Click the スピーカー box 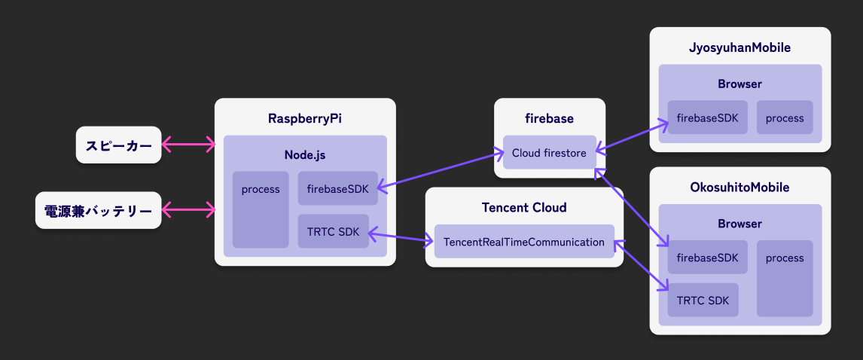119,145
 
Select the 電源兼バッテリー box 98,210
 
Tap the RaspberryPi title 305,118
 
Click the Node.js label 305,155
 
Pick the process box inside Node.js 261,209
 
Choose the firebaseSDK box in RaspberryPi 337,189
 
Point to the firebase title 549,118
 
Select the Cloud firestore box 549,153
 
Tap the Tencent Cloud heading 524,207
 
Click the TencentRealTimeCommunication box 524,242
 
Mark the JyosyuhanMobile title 739,47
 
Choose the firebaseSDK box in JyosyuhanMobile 707,117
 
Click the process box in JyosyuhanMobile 785,117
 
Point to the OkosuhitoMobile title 739,187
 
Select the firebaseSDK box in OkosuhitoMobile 707,258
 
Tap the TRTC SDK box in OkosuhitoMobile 703,301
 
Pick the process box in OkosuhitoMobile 785,278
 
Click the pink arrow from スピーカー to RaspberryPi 188,145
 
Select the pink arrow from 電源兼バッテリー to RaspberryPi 188,210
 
